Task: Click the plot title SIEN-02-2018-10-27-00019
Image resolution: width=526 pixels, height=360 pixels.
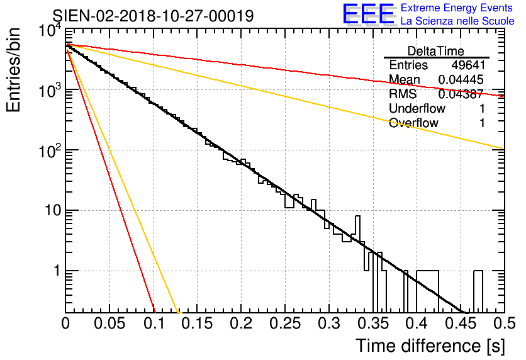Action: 153,16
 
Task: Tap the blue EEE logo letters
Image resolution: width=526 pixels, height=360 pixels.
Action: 369,14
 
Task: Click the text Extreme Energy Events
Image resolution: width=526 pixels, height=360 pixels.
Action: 457,8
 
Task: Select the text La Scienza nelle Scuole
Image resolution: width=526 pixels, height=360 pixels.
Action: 457,21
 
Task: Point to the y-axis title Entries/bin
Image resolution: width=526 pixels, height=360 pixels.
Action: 13,70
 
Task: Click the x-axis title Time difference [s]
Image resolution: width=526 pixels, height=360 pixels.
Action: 430,346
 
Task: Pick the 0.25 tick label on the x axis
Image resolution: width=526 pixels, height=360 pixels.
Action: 285,323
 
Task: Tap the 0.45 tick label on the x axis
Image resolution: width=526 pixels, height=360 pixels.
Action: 461,323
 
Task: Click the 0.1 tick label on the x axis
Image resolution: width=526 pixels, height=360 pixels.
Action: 155,323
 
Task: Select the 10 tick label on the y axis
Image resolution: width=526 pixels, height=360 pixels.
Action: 53,211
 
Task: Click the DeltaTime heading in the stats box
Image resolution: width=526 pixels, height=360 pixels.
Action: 436,51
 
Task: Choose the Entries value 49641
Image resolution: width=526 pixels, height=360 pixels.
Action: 468,65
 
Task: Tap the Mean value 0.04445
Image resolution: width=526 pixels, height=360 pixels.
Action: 461,79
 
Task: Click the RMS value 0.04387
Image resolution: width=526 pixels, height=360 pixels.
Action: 461,94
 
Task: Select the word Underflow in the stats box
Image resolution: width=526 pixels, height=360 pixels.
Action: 417,108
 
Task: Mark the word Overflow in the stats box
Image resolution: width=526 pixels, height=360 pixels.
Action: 413,123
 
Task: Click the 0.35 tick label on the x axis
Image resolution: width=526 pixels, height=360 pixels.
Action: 372,323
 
